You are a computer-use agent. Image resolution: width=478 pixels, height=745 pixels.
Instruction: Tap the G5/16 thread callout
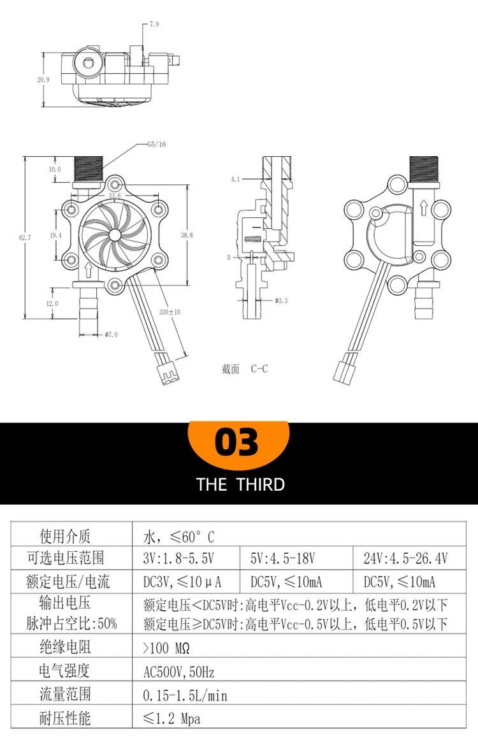(x=156, y=144)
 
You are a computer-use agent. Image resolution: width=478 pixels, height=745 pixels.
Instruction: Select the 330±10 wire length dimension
(x=170, y=312)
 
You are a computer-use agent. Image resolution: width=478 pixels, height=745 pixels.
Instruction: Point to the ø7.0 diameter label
(x=111, y=335)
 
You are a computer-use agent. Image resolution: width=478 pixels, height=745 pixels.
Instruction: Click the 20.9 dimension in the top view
(x=43, y=80)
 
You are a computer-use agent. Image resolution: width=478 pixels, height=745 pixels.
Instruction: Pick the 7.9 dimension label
(x=154, y=24)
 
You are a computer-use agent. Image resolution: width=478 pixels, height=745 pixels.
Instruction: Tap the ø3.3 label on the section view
(x=281, y=300)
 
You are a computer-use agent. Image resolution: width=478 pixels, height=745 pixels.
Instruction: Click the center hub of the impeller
(x=115, y=235)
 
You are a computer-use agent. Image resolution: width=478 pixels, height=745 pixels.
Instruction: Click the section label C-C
(x=259, y=368)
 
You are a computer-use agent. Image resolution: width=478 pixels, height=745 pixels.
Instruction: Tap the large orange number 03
(x=236, y=442)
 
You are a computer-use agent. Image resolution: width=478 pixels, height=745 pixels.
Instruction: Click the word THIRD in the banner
(x=261, y=484)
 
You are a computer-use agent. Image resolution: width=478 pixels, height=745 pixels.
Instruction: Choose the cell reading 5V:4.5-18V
(x=283, y=558)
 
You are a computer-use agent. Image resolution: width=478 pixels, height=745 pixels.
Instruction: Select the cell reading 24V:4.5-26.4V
(x=406, y=558)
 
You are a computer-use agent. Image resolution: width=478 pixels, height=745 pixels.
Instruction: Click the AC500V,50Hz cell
(x=178, y=672)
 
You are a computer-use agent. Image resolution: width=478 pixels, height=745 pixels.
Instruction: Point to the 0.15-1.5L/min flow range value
(x=185, y=695)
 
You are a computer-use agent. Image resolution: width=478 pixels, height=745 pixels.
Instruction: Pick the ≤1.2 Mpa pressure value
(x=172, y=719)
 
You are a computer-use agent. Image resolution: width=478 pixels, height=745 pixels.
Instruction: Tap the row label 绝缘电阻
(x=65, y=647)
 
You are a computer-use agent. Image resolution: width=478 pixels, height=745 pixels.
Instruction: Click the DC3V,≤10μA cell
(x=182, y=582)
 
